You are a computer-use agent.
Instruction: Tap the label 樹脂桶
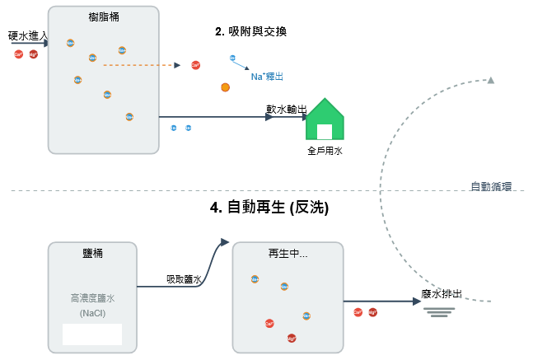coord(103,17)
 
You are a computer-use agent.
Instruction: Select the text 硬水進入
coord(27,36)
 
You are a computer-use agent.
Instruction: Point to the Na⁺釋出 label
coord(267,77)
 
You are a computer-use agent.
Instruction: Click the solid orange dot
coord(225,86)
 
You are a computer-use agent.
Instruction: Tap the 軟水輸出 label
coord(286,109)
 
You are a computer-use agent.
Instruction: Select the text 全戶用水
coord(324,151)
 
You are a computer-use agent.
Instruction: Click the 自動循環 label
coord(491,186)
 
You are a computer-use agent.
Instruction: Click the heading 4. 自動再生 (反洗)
coord(269,208)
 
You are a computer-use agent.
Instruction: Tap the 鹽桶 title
coord(92,253)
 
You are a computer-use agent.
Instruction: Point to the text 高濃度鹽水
coord(92,300)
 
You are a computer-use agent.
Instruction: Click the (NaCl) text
coord(92,314)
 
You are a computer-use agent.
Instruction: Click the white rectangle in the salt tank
coord(92,334)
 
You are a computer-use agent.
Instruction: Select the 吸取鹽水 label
coord(184,279)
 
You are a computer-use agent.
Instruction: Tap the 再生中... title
coord(288,253)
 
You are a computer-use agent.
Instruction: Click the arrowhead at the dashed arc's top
coord(491,80)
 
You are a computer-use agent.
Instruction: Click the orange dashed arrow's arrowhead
coord(177,64)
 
